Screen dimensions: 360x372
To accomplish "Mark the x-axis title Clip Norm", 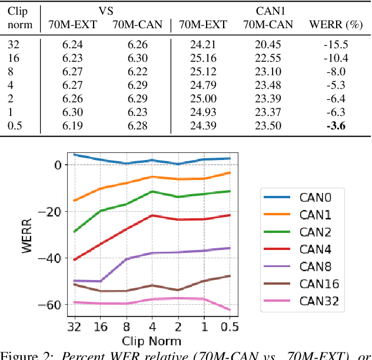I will coord(151,341).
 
